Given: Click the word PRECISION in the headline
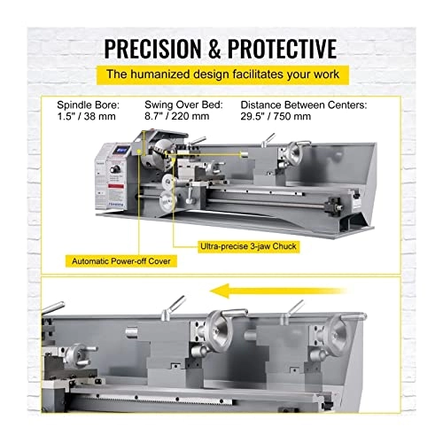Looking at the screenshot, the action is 152,48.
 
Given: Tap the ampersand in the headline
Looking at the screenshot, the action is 214,49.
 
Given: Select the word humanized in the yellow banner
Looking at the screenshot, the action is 159,74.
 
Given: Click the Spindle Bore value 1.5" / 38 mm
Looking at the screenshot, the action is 86,116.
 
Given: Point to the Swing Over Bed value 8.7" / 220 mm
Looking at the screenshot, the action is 177,116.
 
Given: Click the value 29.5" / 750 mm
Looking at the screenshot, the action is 276,116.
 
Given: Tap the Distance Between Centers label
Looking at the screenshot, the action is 304,105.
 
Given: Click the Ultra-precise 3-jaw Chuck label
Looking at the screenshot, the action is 248,246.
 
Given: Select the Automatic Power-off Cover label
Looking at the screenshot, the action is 121,261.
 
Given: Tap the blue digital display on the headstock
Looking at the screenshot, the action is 121,150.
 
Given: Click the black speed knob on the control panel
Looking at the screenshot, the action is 115,169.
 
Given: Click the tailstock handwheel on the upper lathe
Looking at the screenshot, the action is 294,152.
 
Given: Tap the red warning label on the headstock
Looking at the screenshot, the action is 117,186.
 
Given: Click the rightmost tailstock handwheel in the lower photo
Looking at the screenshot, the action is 339,334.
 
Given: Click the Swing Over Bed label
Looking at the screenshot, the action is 183,105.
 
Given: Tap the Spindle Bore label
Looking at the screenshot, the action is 89,105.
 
